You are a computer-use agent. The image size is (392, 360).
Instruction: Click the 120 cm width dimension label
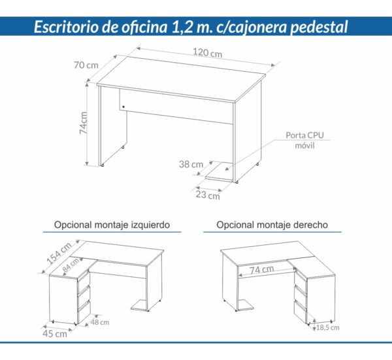pos(206,54)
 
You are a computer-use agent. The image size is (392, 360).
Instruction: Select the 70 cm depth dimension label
pos(86,65)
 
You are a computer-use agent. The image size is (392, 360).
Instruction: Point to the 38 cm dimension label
pos(191,165)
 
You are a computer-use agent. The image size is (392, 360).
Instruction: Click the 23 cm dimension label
pos(209,195)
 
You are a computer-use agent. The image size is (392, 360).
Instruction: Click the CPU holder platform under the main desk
pos(220,172)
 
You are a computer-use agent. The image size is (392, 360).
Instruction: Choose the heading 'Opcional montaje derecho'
pos(272,225)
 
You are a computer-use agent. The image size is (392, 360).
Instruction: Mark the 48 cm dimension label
pos(100,322)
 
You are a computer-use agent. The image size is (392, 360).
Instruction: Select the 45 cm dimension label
pos(56,335)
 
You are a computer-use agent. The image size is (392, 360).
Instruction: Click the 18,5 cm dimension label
pos(328,327)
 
